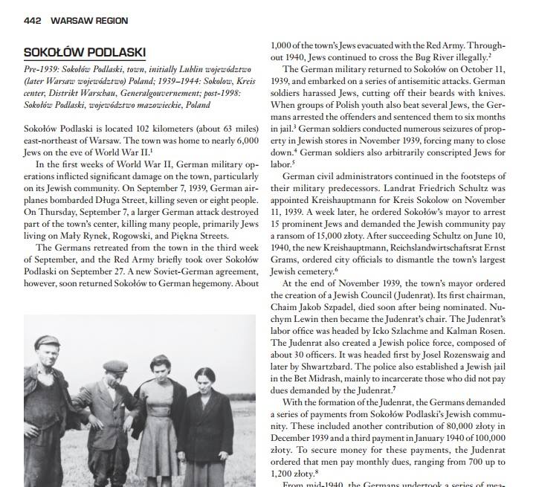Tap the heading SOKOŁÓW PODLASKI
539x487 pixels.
pyautogui.click(x=85, y=52)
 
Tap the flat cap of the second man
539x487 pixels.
pyautogui.click(x=116, y=367)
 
